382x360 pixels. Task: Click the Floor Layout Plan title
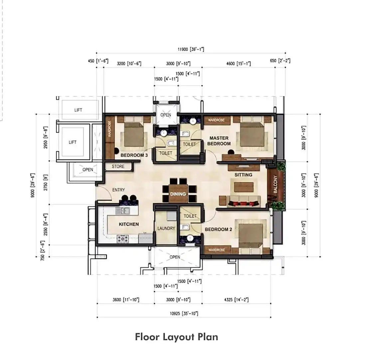(x=176, y=337)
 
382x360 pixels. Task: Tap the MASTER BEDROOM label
(x=219, y=141)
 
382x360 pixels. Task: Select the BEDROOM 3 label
(x=134, y=155)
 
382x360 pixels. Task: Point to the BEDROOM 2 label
(x=218, y=229)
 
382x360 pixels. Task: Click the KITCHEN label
(x=129, y=224)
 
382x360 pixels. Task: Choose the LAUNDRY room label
(x=166, y=228)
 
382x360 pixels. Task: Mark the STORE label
(x=118, y=166)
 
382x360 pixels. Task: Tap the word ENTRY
(x=118, y=190)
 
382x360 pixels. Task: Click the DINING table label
(x=178, y=194)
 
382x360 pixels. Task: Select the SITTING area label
(x=243, y=175)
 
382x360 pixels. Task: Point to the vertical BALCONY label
(x=276, y=184)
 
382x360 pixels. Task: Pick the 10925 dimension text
(x=184, y=313)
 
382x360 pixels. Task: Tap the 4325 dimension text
(x=236, y=300)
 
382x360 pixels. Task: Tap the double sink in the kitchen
(x=123, y=211)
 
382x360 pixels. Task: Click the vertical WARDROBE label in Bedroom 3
(x=109, y=128)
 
